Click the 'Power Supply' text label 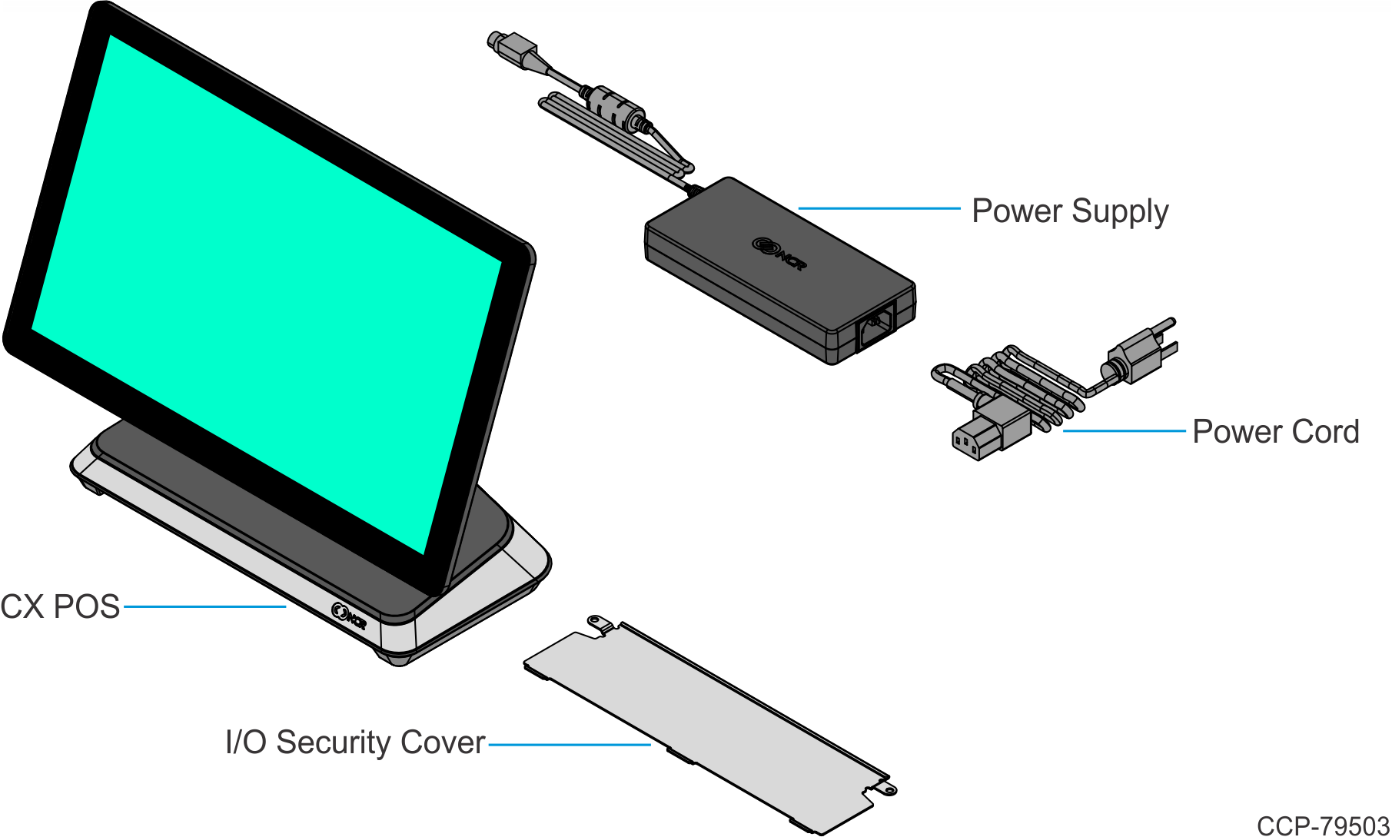click(x=1069, y=211)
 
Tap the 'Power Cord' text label click(x=1275, y=432)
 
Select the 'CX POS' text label click(x=60, y=607)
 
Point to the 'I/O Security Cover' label click(x=355, y=742)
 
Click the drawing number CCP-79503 click(x=1323, y=825)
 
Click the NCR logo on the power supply click(x=779, y=254)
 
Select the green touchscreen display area click(x=265, y=292)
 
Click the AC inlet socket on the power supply click(x=876, y=326)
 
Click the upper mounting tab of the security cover click(x=600, y=624)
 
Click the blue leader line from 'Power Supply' click(x=879, y=208)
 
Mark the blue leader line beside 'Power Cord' click(x=1124, y=431)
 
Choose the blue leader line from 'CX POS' click(x=204, y=607)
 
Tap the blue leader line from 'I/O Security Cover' click(x=570, y=744)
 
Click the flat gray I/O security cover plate click(x=707, y=722)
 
